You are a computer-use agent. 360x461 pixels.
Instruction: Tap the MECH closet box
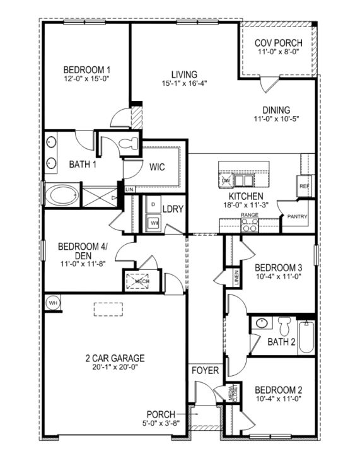click(x=137, y=281)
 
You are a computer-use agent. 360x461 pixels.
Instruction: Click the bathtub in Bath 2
click(x=305, y=337)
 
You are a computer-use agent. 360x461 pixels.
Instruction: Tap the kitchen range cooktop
click(x=250, y=225)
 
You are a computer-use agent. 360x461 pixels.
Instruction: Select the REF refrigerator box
click(x=303, y=187)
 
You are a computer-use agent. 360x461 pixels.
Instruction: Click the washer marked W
click(x=153, y=223)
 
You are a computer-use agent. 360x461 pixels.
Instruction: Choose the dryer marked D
click(x=153, y=206)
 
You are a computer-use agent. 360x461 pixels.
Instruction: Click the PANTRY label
click(x=297, y=217)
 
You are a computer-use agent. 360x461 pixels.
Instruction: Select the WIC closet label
click(x=157, y=168)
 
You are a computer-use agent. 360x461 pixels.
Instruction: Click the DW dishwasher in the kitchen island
click(x=226, y=181)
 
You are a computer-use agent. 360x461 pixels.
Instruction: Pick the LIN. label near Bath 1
click(x=130, y=189)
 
